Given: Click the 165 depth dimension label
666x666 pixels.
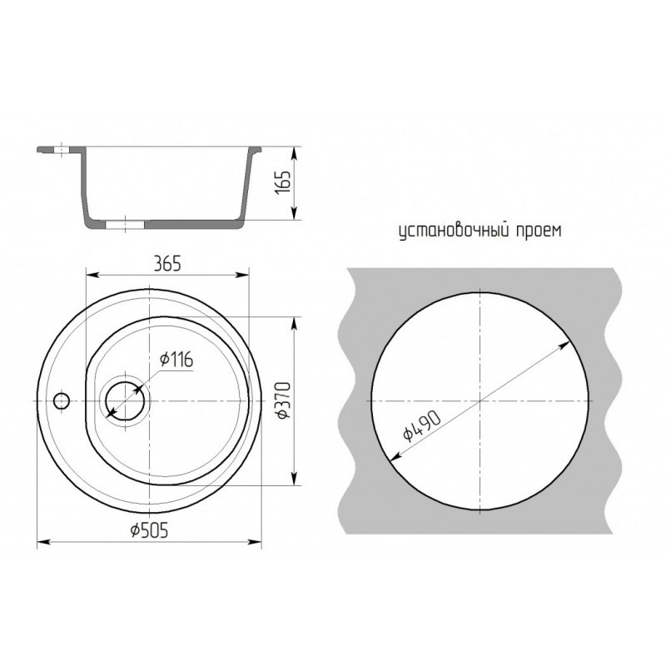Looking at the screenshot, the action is coord(283,182).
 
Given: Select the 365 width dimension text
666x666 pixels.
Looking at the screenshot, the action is coord(167,264).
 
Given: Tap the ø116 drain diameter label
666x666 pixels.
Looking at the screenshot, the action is coord(176,360).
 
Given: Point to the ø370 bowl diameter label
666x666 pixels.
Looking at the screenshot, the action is coord(284,400).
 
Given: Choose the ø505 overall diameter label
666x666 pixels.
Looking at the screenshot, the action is coord(150,529).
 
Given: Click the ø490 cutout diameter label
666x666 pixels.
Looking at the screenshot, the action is coord(422,426).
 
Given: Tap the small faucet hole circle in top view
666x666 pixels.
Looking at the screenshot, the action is coord(62,400).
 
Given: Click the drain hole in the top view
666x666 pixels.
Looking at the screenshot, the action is coord(126,400).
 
